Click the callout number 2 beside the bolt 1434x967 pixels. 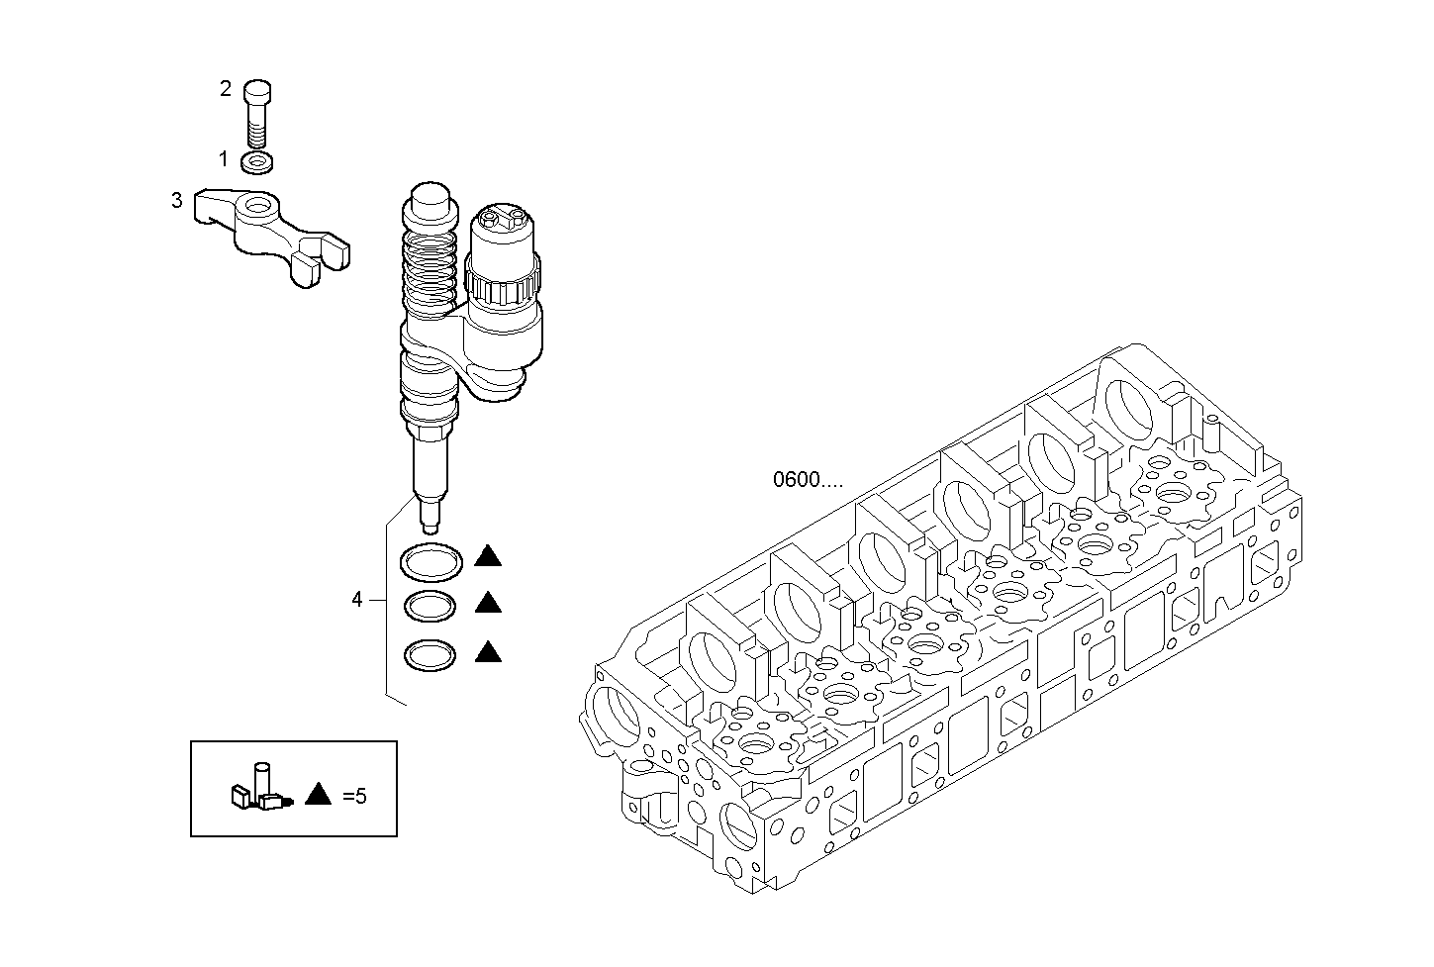(x=226, y=89)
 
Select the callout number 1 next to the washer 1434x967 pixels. (x=224, y=158)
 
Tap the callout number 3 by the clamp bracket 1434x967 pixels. (x=177, y=200)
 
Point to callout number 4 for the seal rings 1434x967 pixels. (x=357, y=599)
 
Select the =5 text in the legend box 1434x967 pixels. (x=354, y=795)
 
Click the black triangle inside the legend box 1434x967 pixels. (x=319, y=793)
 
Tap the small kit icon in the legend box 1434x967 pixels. (x=258, y=789)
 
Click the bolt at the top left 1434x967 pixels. (x=257, y=111)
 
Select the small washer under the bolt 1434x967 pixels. (x=258, y=160)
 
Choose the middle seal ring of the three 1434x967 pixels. (x=430, y=606)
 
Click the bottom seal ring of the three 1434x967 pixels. (x=430, y=654)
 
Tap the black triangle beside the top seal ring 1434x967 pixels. (x=487, y=557)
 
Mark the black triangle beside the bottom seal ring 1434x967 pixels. (x=487, y=651)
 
